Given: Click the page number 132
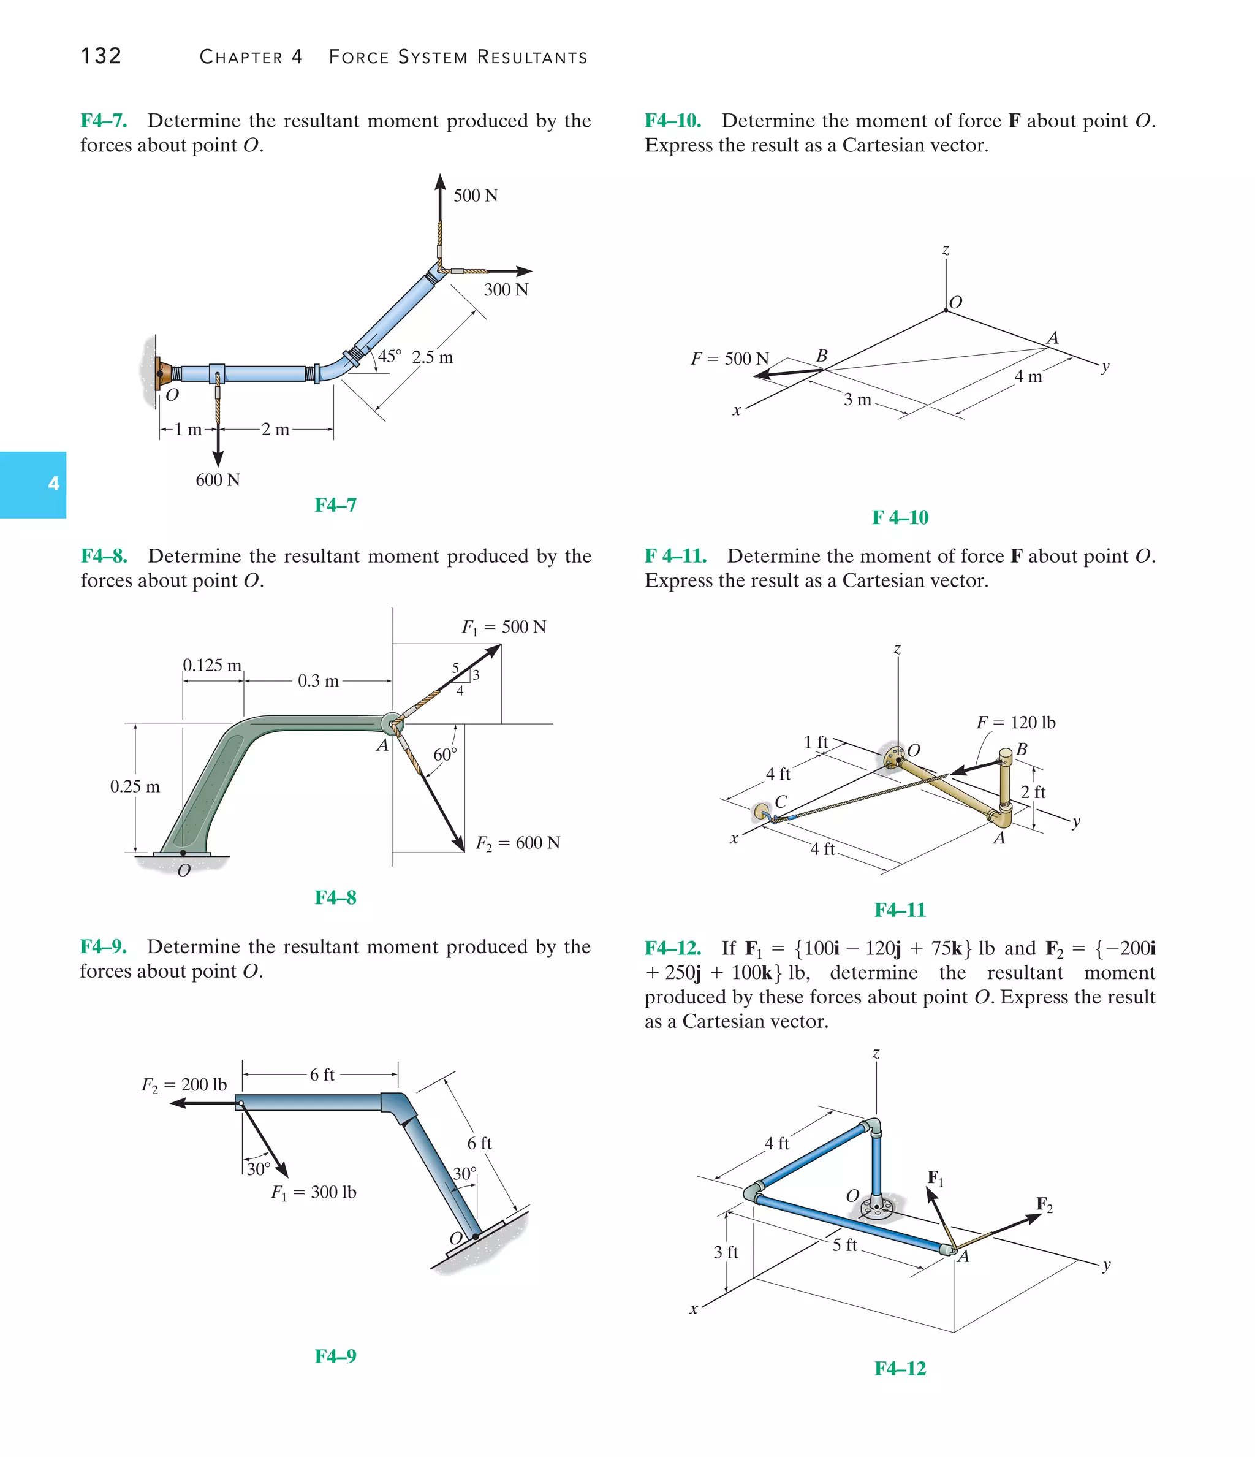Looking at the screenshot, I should point(101,56).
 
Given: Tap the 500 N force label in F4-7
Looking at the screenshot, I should point(476,196).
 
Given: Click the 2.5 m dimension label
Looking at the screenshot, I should point(433,357).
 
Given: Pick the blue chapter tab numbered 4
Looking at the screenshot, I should point(33,484).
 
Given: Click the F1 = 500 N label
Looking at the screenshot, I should point(503,626).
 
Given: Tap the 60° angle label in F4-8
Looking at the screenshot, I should point(445,755).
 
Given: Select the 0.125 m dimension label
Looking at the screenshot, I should point(211,665).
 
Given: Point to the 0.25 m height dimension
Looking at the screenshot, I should point(134,786).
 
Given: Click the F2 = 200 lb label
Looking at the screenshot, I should point(184,1084).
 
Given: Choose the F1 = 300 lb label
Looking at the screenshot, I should point(314,1192).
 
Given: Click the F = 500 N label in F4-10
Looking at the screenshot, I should point(729,359).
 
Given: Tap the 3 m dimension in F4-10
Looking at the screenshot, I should point(857,400).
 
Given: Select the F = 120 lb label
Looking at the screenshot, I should point(1015,722).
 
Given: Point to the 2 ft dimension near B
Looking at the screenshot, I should point(1033,792).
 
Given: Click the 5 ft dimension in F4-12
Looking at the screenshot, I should point(844,1245).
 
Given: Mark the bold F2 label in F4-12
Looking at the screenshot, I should point(1044,1204).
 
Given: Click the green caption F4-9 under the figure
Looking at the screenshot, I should point(335,1356).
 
